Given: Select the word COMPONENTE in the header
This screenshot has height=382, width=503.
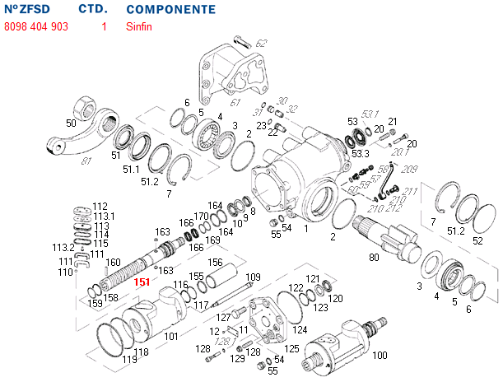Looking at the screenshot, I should tap(171, 10).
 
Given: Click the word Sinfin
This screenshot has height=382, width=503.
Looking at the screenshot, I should tap(139, 26).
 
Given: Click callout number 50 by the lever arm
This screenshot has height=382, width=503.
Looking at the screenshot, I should tap(71, 123).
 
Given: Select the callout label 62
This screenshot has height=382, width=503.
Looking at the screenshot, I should tap(261, 43).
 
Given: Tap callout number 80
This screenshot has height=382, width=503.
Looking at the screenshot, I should tap(375, 258).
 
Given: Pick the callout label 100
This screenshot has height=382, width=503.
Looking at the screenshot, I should tap(380, 356).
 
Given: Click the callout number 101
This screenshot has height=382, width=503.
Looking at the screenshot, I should tap(170, 336).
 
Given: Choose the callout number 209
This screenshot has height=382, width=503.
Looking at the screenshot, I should tap(410, 169).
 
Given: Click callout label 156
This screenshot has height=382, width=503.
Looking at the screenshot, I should tap(216, 263).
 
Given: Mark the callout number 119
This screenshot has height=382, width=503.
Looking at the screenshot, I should tap(129, 360).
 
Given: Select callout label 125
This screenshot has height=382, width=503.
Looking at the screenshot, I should tap(291, 349).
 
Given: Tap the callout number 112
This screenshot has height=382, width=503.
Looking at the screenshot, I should tap(100, 206).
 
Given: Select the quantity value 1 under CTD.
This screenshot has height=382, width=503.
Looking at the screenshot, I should tap(104, 26).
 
